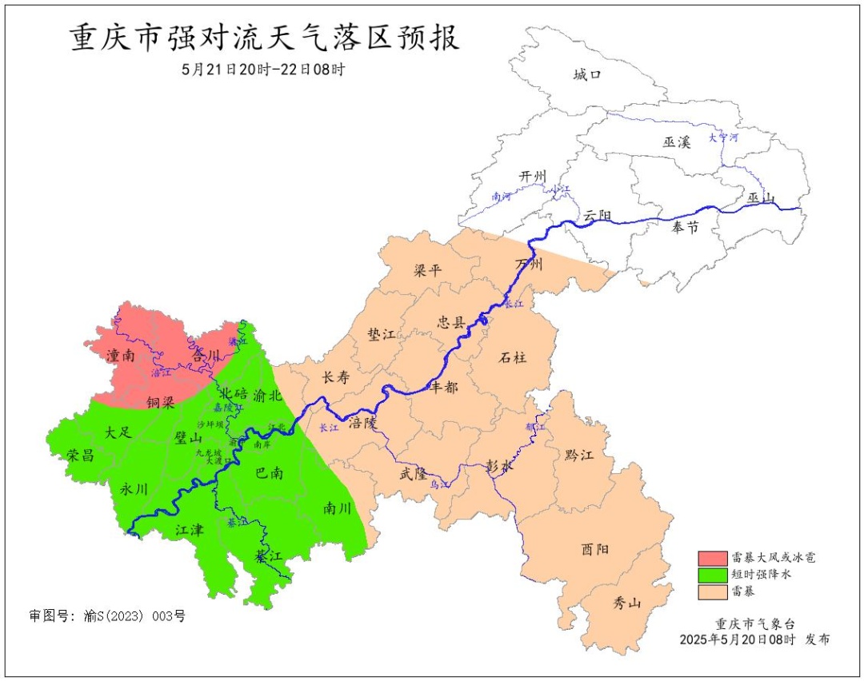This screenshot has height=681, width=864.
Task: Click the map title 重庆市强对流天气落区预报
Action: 265,38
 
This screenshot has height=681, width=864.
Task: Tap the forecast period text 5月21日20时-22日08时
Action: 264,70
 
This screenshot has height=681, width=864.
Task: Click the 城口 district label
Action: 586,74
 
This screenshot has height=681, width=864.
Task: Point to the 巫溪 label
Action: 676,141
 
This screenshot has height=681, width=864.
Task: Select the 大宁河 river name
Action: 723,137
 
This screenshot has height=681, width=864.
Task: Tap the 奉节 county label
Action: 686,228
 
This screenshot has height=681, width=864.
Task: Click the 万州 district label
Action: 530,264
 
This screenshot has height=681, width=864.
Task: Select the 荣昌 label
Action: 80,455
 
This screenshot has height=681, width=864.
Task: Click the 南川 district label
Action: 338,508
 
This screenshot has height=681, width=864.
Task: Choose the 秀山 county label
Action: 626,603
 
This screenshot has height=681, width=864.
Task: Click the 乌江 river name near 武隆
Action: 439,484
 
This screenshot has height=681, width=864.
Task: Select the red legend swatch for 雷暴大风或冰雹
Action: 711,557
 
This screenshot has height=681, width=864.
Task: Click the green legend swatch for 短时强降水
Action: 711,574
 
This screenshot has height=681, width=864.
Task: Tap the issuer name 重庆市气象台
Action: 754,623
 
